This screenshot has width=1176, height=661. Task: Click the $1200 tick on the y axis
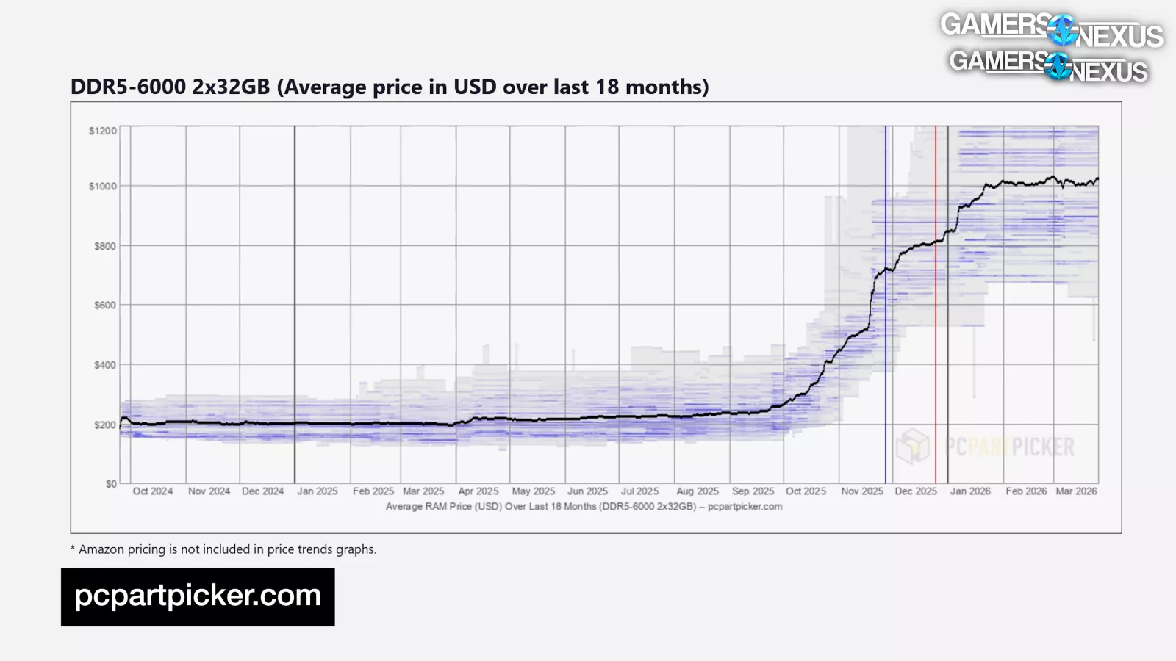tap(103, 131)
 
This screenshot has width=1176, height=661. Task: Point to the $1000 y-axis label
tap(103, 187)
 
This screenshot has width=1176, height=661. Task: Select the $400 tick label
tap(105, 365)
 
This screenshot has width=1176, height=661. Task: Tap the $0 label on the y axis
tap(111, 484)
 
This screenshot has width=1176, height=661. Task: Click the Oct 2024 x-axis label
tap(153, 491)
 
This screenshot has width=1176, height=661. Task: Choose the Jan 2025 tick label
tap(318, 491)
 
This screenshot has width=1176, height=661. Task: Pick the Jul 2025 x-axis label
tap(639, 491)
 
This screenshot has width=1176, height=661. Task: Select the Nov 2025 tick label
tap(862, 491)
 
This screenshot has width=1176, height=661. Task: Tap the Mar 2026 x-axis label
tap(1076, 491)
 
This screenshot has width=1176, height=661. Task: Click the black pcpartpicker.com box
tap(198, 596)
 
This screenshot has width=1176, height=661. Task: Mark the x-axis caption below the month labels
tap(584, 507)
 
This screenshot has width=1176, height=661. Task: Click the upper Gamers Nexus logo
tap(1052, 29)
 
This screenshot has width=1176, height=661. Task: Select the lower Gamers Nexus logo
tap(1049, 65)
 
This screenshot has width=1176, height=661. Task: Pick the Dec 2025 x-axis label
tap(916, 491)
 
